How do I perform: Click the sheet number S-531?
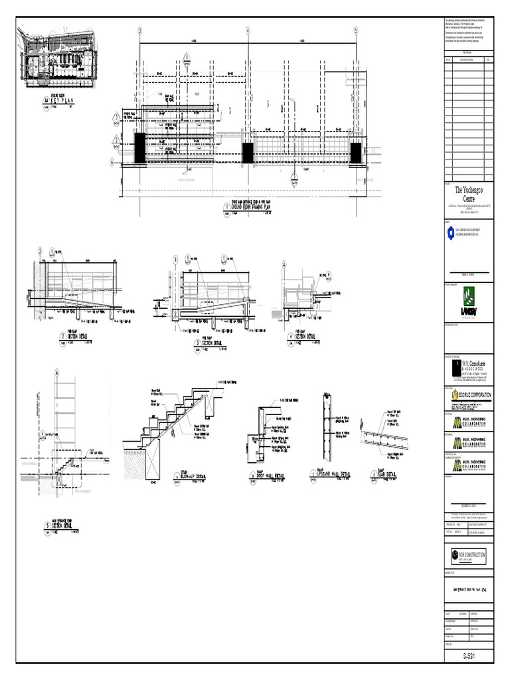[469, 657]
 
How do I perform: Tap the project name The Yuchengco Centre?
[469, 193]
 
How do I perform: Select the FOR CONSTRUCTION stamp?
[469, 554]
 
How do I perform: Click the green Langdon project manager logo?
[469, 301]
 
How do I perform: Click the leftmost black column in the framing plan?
[140, 147]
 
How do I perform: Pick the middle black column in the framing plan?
[248, 153]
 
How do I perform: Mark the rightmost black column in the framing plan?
[356, 152]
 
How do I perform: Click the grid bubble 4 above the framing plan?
[248, 31]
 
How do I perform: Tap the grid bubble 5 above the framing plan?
[356, 31]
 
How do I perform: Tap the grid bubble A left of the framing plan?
[113, 161]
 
